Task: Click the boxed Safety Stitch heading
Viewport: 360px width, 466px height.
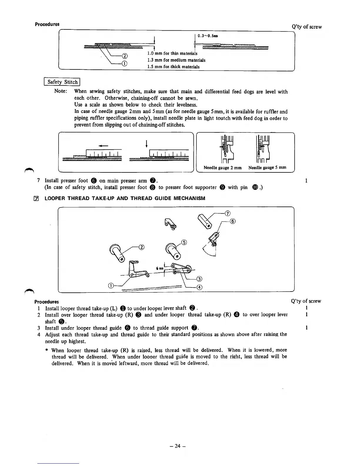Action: coord(62,82)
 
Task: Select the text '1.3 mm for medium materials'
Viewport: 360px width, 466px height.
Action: coord(176,60)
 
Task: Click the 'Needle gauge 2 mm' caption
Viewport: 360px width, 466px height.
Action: coord(223,168)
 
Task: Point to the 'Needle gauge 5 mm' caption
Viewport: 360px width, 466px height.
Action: coord(267,168)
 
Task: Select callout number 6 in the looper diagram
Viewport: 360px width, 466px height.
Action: coord(232,222)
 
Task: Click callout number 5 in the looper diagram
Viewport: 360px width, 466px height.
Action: coord(184,243)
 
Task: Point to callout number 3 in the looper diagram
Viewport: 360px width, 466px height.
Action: coord(199,279)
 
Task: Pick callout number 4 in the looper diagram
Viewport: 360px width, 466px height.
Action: coord(199,287)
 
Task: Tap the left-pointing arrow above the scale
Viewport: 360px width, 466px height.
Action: coord(104,145)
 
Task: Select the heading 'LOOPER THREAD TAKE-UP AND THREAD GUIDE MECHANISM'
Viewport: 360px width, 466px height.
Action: coord(125,198)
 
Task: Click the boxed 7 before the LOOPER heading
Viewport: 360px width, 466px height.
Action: coord(37,199)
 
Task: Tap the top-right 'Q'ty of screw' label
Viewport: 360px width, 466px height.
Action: coord(307,27)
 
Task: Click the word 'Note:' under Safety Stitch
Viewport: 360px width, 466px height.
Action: coord(61,91)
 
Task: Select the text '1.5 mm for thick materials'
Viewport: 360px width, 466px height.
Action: coord(173,67)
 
